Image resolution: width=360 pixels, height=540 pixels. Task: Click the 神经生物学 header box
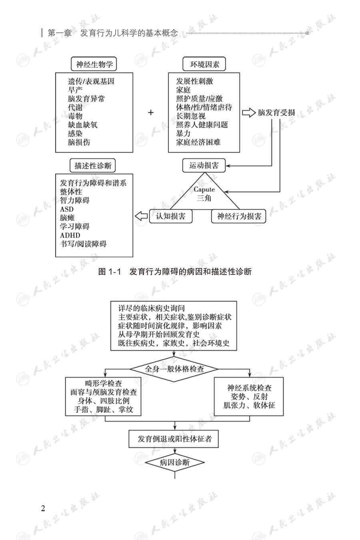(94, 64)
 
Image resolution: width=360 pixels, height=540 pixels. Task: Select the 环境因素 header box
(204, 64)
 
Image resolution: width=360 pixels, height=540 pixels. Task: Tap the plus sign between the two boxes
(151, 112)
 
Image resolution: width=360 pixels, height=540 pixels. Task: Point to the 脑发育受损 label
(276, 112)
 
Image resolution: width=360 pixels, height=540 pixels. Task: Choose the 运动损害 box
(204, 165)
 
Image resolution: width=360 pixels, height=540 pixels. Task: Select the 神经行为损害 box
(239, 216)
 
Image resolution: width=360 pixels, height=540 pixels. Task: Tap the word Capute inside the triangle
(204, 189)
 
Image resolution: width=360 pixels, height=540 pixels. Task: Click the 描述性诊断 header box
(93, 165)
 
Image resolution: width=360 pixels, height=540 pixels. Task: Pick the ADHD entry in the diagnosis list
(70, 235)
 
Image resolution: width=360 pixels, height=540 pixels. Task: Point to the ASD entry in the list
(67, 209)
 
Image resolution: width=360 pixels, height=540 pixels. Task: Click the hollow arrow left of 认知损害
(141, 216)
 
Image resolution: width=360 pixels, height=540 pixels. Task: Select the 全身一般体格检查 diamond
(174, 369)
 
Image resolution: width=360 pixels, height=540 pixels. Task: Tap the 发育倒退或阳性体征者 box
(174, 439)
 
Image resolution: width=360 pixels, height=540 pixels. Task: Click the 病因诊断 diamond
(174, 463)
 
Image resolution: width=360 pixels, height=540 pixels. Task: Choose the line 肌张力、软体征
(249, 405)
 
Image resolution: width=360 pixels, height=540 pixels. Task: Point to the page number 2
(43, 509)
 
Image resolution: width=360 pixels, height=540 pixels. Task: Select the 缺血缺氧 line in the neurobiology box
(82, 125)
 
